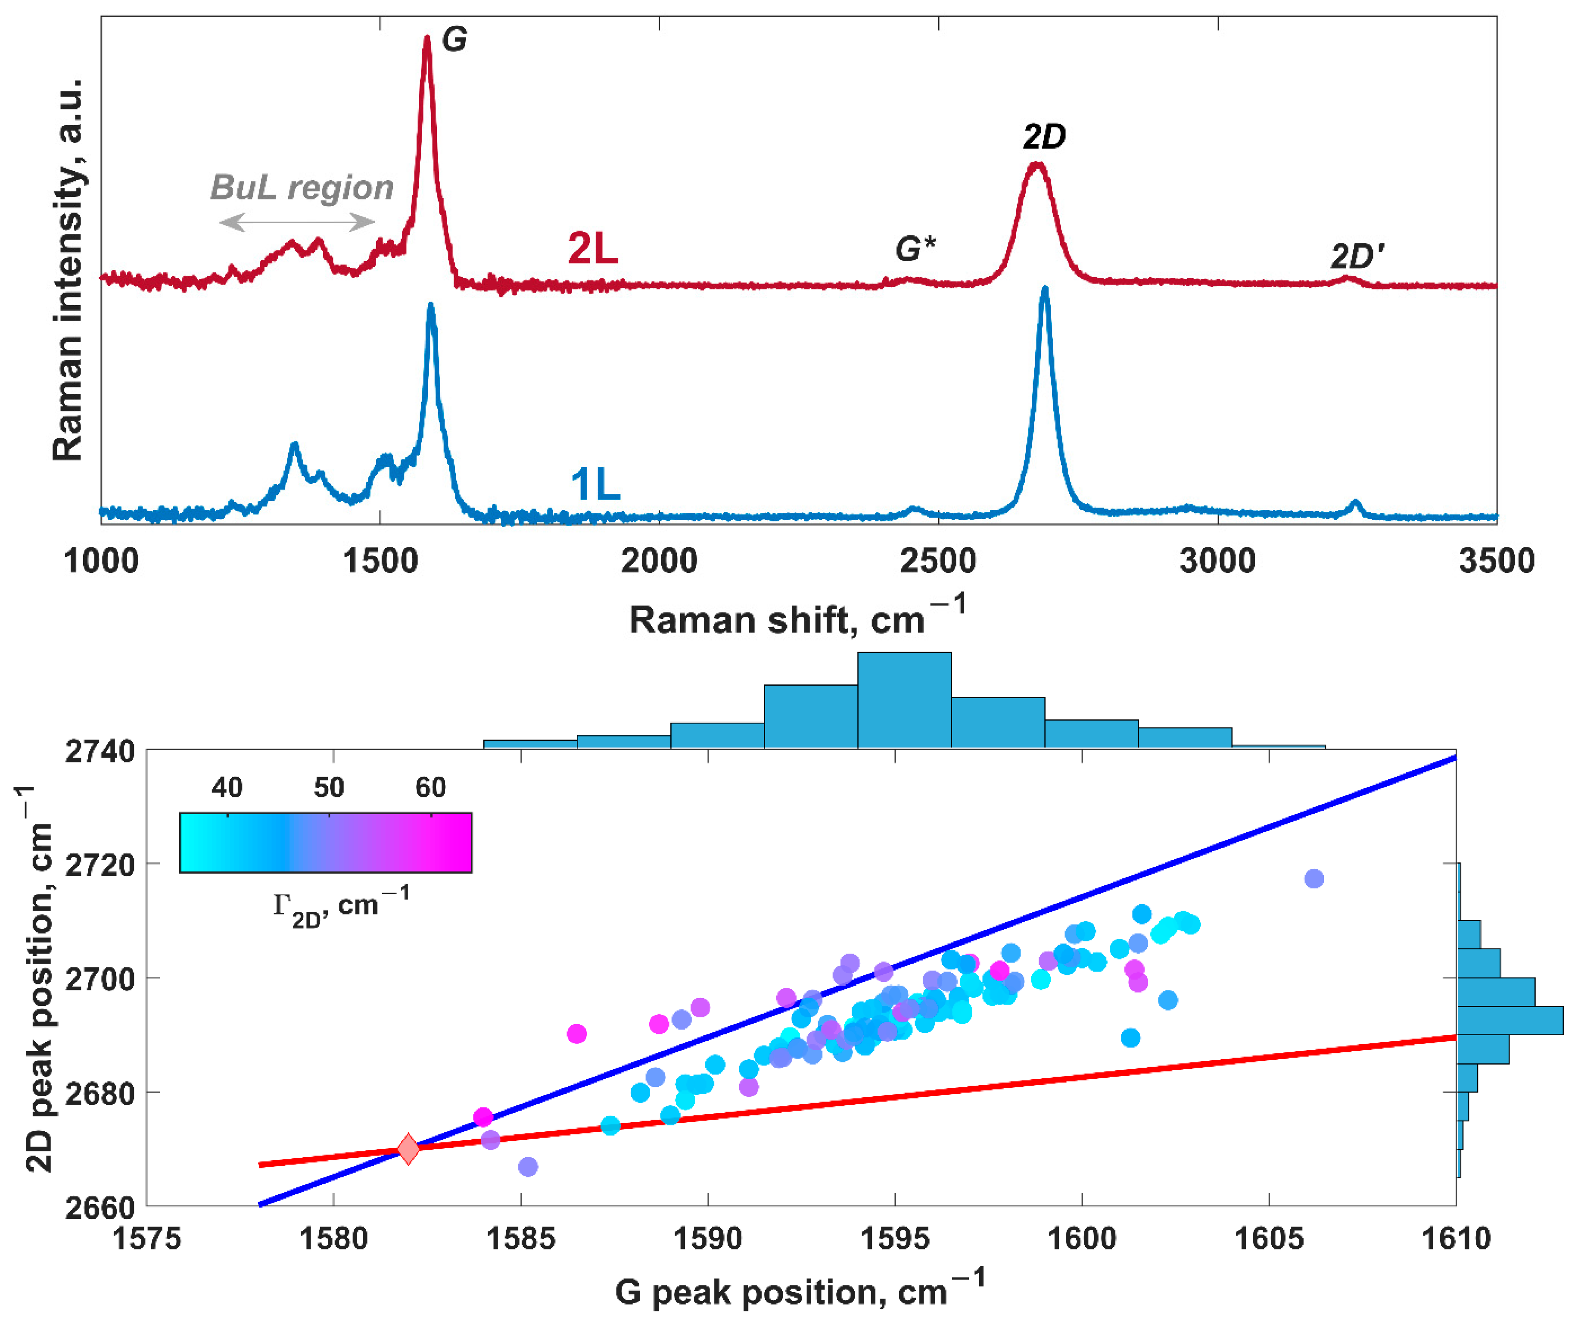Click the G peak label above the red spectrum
454,39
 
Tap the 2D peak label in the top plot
1044,137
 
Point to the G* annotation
915,249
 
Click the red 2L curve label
592,249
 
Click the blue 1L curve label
595,484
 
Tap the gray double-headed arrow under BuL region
297,222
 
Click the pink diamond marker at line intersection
408,1149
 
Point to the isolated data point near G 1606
1314,879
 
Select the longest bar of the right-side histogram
1509,1020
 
